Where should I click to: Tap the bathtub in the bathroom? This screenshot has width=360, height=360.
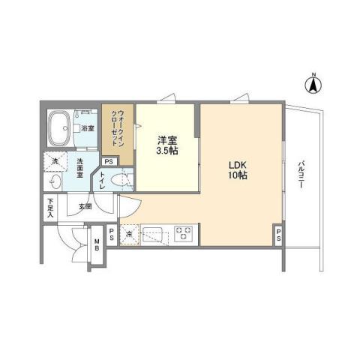(60, 128)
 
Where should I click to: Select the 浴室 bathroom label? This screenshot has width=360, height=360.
(88, 128)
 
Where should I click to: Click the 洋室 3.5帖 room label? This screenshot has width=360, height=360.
(167, 145)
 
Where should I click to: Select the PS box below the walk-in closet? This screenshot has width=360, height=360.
(109, 161)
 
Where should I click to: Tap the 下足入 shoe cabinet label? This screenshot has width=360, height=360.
(50, 208)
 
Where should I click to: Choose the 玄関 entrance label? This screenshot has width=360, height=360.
(83, 206)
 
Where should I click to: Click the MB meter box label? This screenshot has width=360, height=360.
(97, 244)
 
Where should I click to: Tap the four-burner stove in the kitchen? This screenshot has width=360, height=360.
(182, 232)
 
